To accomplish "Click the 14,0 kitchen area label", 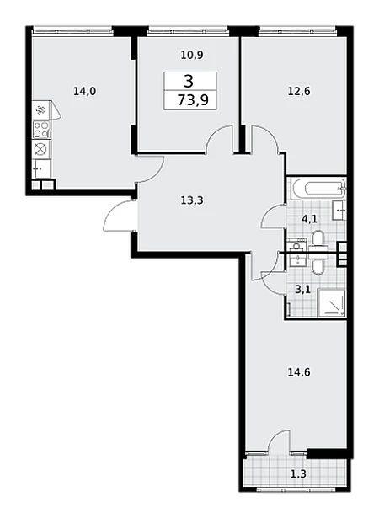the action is pyautogui.click(x=84, y=91).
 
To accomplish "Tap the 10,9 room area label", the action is pyautogui.click(x=192, y=55).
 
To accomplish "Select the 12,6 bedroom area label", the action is pyautogui.click(x=299, y=91).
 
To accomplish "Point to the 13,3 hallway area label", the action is pyautogui.click(x=192, y=200).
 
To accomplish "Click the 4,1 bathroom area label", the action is pyautogui.click(x=310, y=218).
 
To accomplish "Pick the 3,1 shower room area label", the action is pyautogui.click(x=302, y=290).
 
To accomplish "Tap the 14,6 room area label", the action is pyautogui.click(x=299, y=372).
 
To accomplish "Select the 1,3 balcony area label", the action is pyautogui.click(x=299, y=474).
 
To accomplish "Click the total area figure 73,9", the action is pyautogui.click(x=194, y=99).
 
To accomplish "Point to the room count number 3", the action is pyautogui.click(x=189, y=81).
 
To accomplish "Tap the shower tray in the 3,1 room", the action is pyautogui.click(x=332, y=303).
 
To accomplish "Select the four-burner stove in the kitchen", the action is pyautogui.click(x=41, y=130).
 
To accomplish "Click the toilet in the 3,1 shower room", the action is pyautogui.click(x=318, y=264).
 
